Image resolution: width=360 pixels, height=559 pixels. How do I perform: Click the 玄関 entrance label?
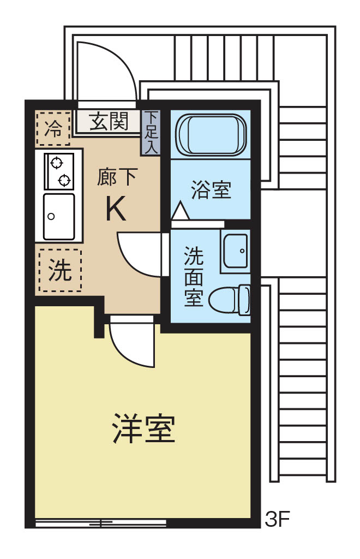[109, 121]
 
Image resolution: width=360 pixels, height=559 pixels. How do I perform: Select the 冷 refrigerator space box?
[53, 129]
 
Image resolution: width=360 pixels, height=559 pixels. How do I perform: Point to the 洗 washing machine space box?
[59, 271]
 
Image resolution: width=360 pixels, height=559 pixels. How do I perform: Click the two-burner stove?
[59, 171]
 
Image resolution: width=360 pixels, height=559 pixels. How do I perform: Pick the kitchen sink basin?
[59, 217]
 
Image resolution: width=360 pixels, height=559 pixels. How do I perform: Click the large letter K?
[116, 209]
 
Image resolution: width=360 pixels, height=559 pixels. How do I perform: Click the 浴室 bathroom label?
[211, 190]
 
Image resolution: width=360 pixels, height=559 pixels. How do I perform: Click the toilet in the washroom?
[231, 299]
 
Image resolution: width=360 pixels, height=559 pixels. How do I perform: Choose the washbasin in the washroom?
[236, 250]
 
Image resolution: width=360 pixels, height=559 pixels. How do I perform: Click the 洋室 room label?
[143, 429]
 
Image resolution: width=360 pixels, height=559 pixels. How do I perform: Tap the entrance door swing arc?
[106, 71]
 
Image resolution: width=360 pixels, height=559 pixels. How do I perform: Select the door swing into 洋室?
[131, 344]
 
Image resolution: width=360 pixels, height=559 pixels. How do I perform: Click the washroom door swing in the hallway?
[139, 253]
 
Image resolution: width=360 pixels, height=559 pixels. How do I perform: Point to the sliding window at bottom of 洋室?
[101, 523]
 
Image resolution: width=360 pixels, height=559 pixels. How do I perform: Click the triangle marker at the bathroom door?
[180, 211]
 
